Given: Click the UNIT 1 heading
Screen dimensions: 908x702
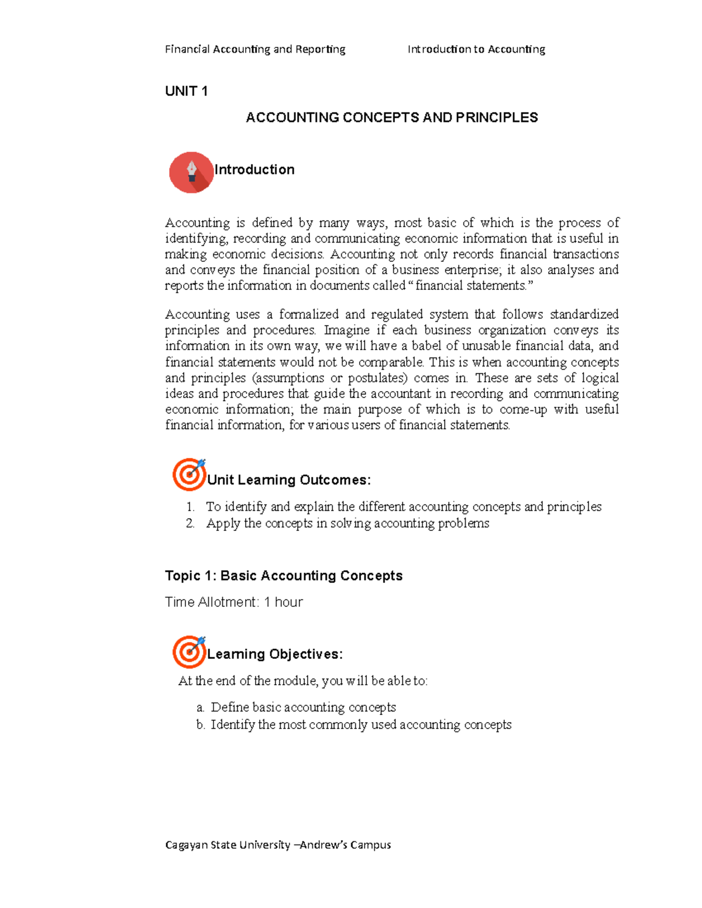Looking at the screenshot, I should (186, 91).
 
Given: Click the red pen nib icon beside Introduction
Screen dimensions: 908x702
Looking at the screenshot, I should (191, 172).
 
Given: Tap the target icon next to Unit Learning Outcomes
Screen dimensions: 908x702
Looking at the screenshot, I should (189, 474).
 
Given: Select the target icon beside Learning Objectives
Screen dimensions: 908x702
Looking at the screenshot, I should (189, 651).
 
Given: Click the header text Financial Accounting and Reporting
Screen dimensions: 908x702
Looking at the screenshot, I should (255, 49).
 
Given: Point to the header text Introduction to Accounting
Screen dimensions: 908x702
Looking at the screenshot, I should (476, 49).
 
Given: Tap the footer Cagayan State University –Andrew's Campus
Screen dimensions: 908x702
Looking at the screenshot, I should (278, 845).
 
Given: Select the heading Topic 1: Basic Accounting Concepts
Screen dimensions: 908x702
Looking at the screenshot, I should (284, 576).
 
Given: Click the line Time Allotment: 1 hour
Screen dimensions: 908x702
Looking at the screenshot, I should (234, 602).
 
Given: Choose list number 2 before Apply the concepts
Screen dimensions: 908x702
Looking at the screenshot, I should (190, 523).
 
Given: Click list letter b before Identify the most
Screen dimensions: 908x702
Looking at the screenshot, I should (200, 725).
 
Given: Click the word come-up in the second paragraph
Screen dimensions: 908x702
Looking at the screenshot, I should (523, 410).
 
